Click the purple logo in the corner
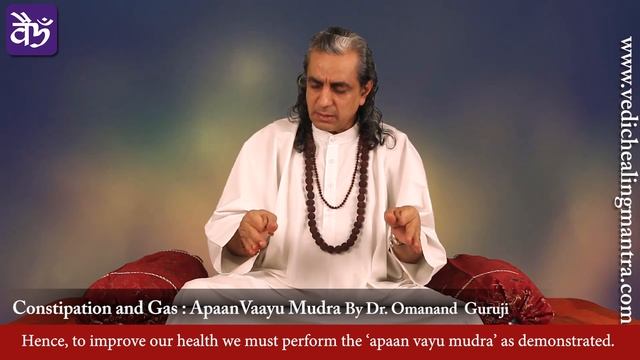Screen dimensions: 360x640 point(32,30)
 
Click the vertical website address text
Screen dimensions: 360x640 point(626,180)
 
